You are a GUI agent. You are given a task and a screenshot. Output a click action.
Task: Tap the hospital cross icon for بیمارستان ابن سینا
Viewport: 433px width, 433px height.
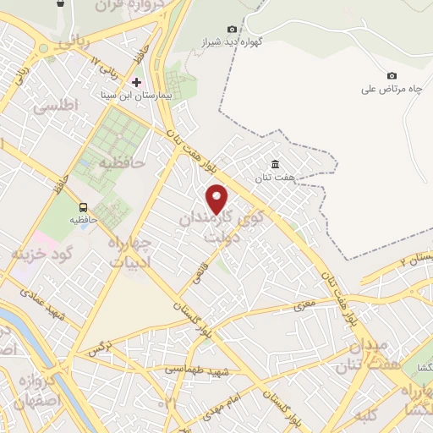[x=135, y=82]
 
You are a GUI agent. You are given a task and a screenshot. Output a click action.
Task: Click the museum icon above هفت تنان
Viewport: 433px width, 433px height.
[x=274, y=164]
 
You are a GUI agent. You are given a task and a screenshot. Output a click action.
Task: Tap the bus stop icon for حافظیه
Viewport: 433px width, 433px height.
[x=83, y=206]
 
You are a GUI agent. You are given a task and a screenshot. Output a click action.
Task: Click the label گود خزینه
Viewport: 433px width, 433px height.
[x=43, y=253]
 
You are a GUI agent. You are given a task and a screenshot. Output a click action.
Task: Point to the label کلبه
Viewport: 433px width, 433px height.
[x=367, y=414]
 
